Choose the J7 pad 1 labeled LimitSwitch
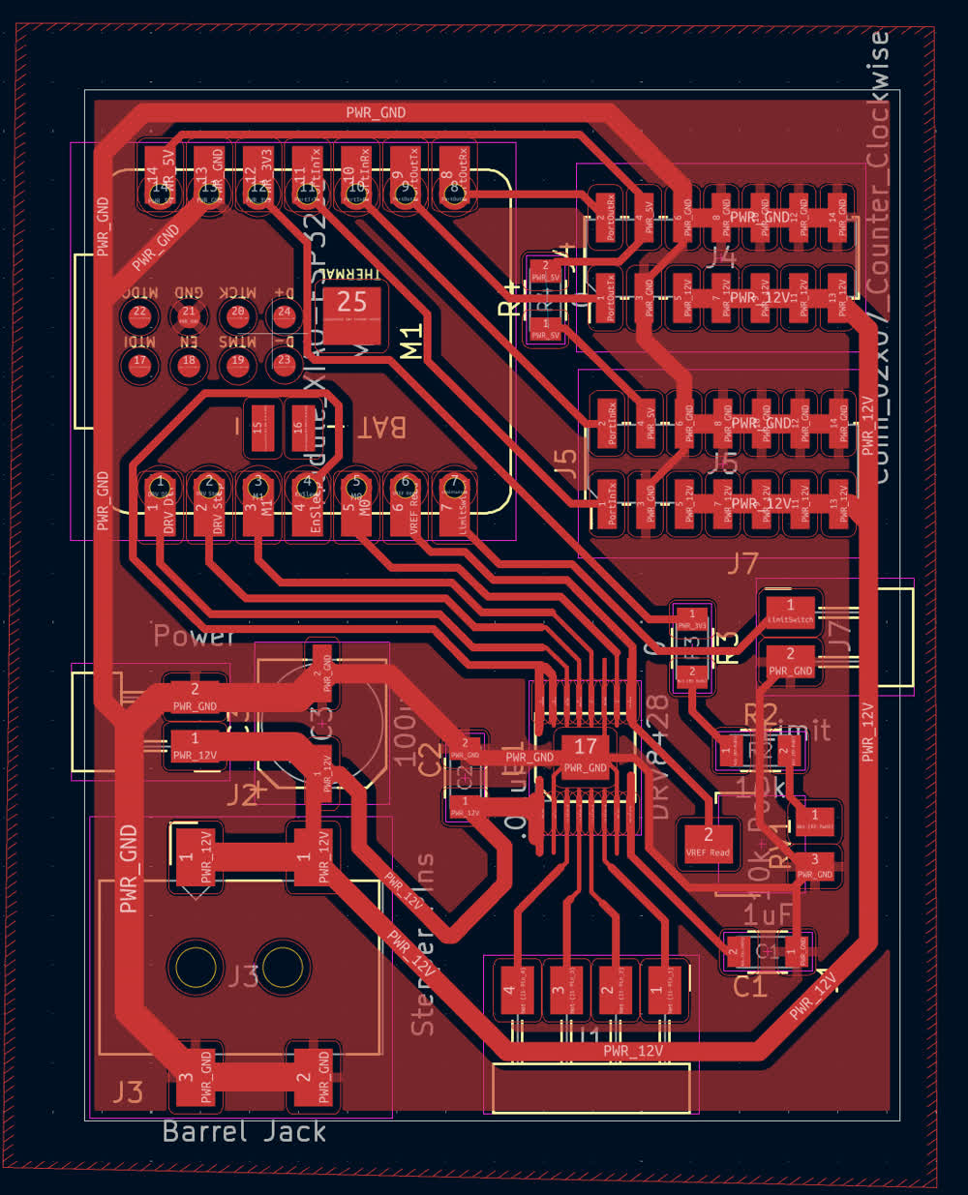point(790,612)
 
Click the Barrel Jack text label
point(244,1131)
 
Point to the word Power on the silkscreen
point(194,636)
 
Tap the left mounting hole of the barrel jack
point(197,968)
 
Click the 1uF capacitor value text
point(767,913)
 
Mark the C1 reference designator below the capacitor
point(750,987)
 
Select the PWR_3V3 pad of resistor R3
point(691,619)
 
